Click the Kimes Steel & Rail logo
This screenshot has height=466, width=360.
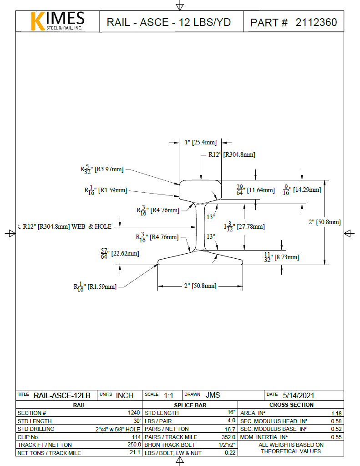click(57, 21)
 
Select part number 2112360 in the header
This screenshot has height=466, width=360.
click(316, 22)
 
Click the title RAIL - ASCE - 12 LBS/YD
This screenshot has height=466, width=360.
click(168, 22)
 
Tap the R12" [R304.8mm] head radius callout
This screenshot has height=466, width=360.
click(232, 154)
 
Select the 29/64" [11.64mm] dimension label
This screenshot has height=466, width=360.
click(255, 189)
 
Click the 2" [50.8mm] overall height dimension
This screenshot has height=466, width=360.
click(325, 222)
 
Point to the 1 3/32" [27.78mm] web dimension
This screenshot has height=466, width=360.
click(244, 226)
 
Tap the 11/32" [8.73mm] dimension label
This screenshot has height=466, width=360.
click(281, 257)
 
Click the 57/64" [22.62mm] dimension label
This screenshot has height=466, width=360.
click(120, 253)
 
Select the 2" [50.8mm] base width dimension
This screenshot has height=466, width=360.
click(200, 286)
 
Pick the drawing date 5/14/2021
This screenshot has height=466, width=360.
click(298, 395)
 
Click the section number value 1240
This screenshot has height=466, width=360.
click(134, 413)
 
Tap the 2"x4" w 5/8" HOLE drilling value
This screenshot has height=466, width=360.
click(117, 429)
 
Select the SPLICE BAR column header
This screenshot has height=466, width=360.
click(190, 405)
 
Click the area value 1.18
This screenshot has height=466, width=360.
click(336, 413)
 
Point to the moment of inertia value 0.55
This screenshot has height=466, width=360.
click(336, 437)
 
